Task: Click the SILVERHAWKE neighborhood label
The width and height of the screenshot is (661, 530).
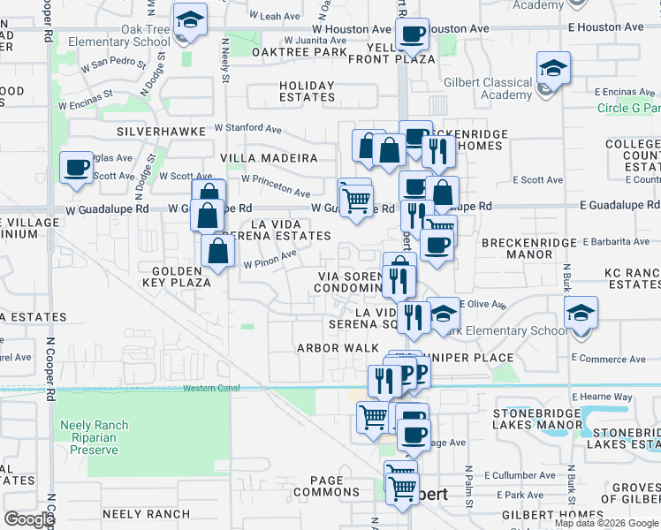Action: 161,131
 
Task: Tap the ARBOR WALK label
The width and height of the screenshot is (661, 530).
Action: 338,348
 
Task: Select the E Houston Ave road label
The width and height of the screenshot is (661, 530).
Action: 605,27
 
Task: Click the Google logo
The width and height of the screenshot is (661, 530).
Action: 30,519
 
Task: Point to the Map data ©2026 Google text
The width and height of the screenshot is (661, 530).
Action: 605,523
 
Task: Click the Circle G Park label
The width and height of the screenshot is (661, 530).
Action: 628,109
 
